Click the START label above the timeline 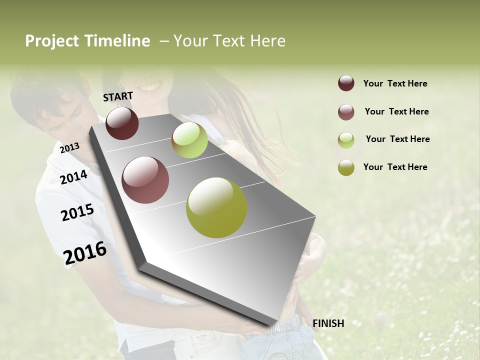click(x=118, y=96)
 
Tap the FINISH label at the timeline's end click(x=328, y=323)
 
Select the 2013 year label click(x=69, y=147)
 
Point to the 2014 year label click(x=73, y=177)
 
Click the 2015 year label click(x=77, y=212)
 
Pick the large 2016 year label click(x=85, y=253)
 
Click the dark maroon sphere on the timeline click(x=122, y=123)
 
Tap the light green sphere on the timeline click(x=189, y=140)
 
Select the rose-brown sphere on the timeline click(x=145, y=180)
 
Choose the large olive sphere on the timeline click(x=216, y=207)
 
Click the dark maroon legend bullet click(x=346, y=83)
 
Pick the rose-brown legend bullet click(x=346, y=112)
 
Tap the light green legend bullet click(x=346, y=140)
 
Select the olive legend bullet click(x=346, y=167)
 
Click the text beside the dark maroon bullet click(x=395, y=83)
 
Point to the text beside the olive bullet click(x=395, y=167)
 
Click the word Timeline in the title click(x=117, y=41)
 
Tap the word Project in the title click(x=52, y=41)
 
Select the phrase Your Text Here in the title click(x=229, y=41)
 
